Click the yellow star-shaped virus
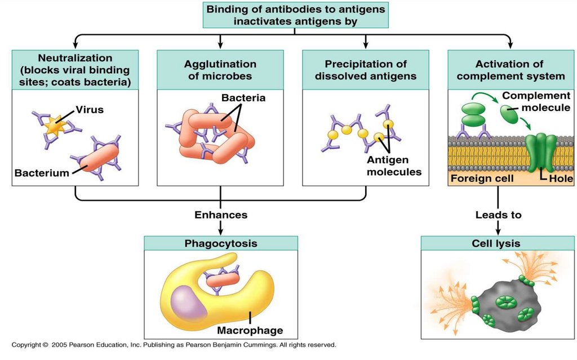(x=52, y=128)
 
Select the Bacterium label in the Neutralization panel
(x=42, y=173)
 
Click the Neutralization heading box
(x=75, y=70)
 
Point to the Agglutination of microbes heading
(x=220, y=70)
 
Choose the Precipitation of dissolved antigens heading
(x=365, y=70)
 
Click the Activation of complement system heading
(x=512, y=70)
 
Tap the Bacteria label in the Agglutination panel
(x=243, y=98)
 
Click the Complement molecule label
(x=536, y=101)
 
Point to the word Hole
(x=561, y=179)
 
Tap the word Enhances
(x=221, y=215)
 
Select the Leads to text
(x=498, y=215)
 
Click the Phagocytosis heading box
(x=221, y=244)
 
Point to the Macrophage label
(x=250, y=330)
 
